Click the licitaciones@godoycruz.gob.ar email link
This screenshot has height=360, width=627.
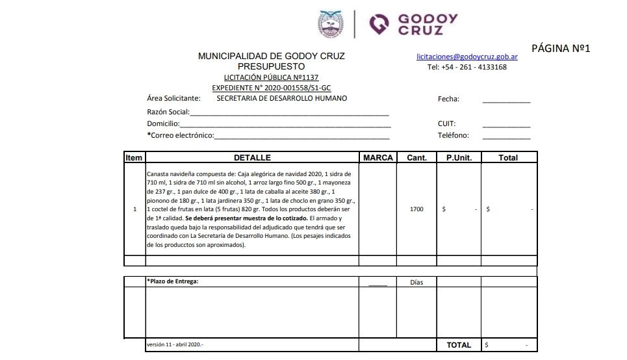pyautogui.click(x=467, y=57)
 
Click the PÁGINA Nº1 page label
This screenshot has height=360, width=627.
pyautogui.click(x=560, y=48)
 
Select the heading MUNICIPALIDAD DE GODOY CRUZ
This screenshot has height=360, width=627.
pyautogui.click(x=271, y=57)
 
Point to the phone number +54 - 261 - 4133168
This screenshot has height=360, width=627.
pyautogui.click(x=467, y=67)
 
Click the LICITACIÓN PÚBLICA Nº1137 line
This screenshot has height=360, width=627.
pyautogui.click(x=271, y=77)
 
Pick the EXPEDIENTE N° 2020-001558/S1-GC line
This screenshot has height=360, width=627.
pyautogui.click(x=271, y=88)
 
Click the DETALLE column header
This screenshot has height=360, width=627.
pyautogui.click(x=252, y=157)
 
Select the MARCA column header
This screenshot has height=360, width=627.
pyautogui.click(x=377, y=157)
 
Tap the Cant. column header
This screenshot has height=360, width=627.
pyautogui.click(x=416, y=157)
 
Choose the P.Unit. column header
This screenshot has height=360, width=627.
pyautogui.click(x=458, y=157)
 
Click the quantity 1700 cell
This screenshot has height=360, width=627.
pyautogui.click(x=416, y=209)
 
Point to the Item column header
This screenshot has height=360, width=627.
pyautogui.click(x=134, y=157)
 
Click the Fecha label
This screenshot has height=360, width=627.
pyautogui.click(x=448, y=99)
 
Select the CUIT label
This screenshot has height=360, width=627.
pyautogui.click(x=446, y=123)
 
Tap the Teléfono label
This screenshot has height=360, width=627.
pyautogui.click(x=453, y=136)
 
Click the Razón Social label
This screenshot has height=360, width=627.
pyautogui.click(x=168, y=112)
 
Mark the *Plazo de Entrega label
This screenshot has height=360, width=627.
pyautogui.click(x=173, y=281)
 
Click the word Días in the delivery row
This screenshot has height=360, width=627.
pyautogui.click(x=416, y=283)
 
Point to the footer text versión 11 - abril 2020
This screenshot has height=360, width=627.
pyautogui.click(x=175, y=344)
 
